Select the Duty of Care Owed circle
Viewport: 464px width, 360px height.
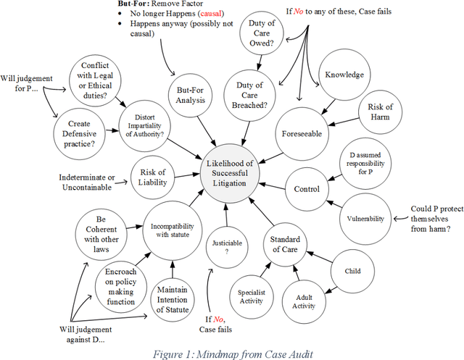(x=262, y=33)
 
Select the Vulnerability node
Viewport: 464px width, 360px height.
(x=365, y=217)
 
